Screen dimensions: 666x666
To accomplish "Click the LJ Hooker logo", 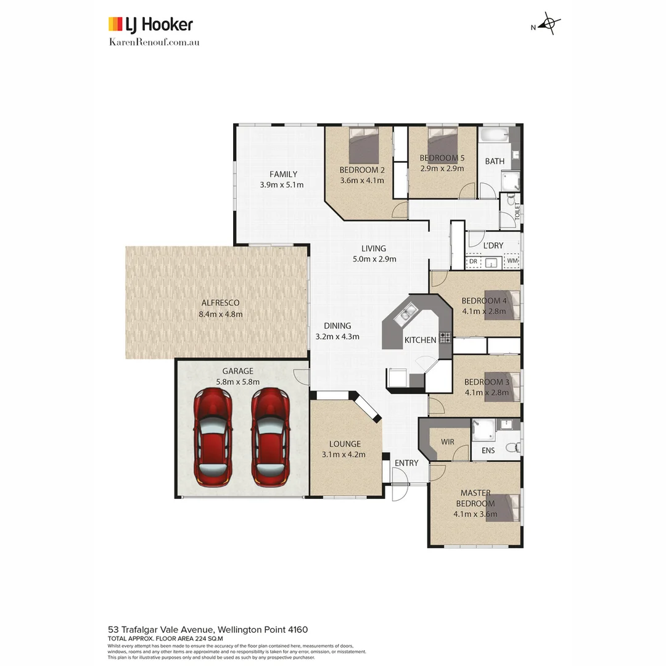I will [x=150, y=25].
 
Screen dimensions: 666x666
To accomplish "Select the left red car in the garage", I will [x=212, y=437].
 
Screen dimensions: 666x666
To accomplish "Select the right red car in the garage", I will [x=270, y=437].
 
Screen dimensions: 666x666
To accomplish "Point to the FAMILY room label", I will [x=282, y=175].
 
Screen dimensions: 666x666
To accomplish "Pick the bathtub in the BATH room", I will [x=495, y=135].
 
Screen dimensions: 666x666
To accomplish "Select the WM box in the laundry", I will [x=512, y=261].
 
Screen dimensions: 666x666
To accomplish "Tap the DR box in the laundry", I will [x=473, y=261].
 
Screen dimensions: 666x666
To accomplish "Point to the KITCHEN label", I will [x=420, y=340].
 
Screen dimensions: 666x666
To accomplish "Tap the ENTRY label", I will [x=406, y=463].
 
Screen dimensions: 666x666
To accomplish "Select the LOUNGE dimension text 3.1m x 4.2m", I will [x=343, y=454].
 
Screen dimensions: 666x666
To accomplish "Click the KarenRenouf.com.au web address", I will [x=154, y=42].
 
